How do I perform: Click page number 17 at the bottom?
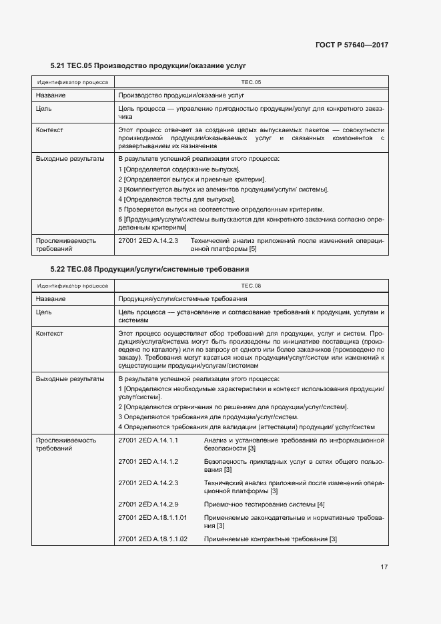(x=384, y=567)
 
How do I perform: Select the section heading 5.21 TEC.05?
(x=148, y=67)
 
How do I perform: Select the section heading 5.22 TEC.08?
(x=149, y=269)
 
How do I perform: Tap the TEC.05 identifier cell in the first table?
(x=251, y=82)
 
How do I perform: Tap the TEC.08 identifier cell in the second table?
(x=251, y=285)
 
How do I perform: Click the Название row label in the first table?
(x=51, y=95)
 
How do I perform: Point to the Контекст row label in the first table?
(x=49, y=129)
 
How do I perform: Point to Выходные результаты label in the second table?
(x=69, y=378)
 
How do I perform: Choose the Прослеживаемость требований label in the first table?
(x=65, y=244)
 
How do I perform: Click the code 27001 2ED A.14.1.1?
(x=148, y=440)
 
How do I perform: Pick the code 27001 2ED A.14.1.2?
(x=148, y=462)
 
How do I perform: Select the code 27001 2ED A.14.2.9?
(x=148, y=504)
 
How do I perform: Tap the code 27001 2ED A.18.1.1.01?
(x=152, y=518)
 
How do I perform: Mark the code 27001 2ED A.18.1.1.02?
(x=152, y=539)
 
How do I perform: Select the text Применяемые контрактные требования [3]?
(x=270, y=539)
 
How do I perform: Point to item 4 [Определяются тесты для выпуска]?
(x=176, y=199)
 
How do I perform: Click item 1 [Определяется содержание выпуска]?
(x=179, y=170)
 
